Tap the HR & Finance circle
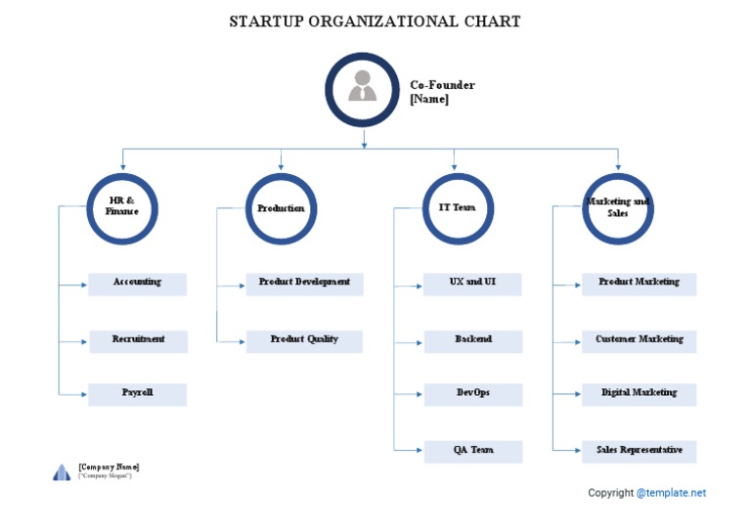click(122, 208)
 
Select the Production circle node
click(281, 208)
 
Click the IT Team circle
click(457, 208)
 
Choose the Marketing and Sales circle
click(617, 208)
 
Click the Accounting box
click(137, 284)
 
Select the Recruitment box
click(138, 340)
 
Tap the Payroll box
click(137, 394)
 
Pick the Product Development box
click(304, 284)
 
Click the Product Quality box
click(304, 340)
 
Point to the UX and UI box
click(472, 284)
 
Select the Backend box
click(472, 340)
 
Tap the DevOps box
click(472, 394)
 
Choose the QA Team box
click(472, 451)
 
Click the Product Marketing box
click(639, 284)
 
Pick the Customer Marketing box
click(639, 340)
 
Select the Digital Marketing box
click(639, 394)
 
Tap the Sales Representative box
click(639, 451)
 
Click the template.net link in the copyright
click(671, 493)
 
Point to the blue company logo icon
click(62, 473)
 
